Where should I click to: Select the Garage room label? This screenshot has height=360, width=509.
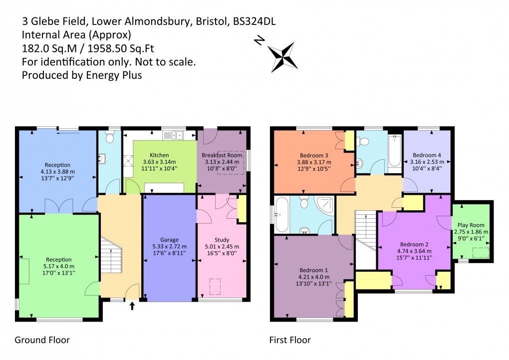pos(169,240)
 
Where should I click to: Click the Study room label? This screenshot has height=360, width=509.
pos(222,240)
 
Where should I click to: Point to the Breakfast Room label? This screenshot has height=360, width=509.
pos(223,155)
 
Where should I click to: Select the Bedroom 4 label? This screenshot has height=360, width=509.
pos(427,155)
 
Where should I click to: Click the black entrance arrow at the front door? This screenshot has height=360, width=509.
pos(132,306)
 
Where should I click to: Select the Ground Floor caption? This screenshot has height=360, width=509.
pos(42,340)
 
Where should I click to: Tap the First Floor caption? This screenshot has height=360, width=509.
pos(290,340)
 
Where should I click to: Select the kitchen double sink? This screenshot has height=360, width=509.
pos(173,135)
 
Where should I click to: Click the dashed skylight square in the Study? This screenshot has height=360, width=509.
pos(216,286)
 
